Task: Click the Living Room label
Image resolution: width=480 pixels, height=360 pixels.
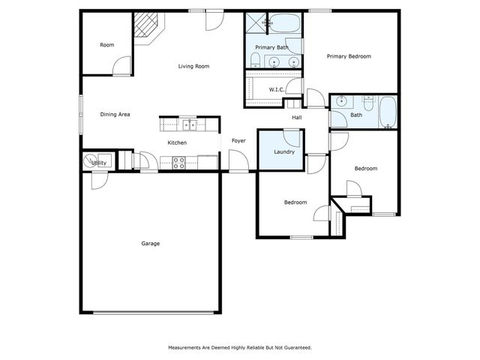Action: click(x=193, y=67)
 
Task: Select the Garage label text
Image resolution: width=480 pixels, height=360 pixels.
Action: click(x=151, y=243)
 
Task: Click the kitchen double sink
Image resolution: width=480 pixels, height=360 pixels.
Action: click(x=187, y=125)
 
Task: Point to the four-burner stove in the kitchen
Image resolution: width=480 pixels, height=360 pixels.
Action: click(x=179, y=161)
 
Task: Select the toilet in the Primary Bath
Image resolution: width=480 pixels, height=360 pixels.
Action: click(x=255, y=60)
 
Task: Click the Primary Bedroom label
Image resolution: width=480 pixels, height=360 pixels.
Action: click(x=349, y=56)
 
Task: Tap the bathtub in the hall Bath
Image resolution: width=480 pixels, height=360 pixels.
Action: click(x=387, y=112)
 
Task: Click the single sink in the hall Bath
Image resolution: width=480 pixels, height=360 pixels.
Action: click(x=341, y=101)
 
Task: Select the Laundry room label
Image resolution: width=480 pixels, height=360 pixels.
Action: click(x=284, y=152)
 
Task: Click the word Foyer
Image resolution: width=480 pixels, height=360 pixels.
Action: click(x=238, y=140)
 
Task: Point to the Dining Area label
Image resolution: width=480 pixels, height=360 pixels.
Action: click(x=115, y=114)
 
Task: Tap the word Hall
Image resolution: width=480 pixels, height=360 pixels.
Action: click(x=297, y=118)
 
